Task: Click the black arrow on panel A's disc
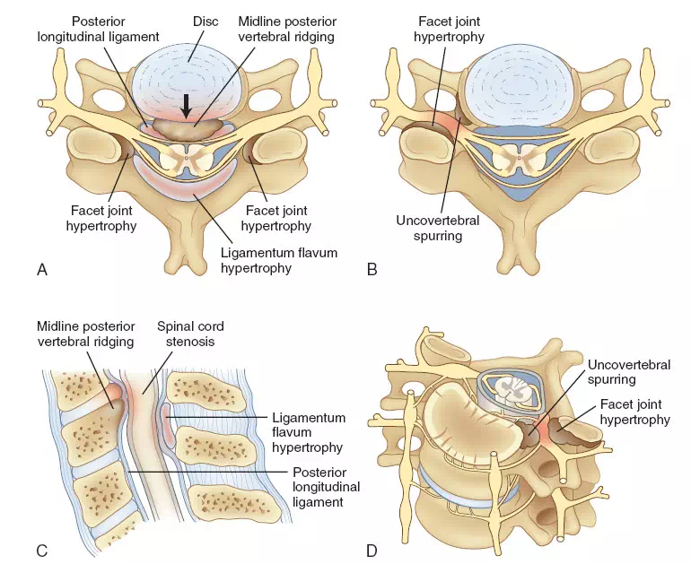click(186, 106)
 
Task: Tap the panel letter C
click(41, 549)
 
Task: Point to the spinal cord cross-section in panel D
click(505, 386)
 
